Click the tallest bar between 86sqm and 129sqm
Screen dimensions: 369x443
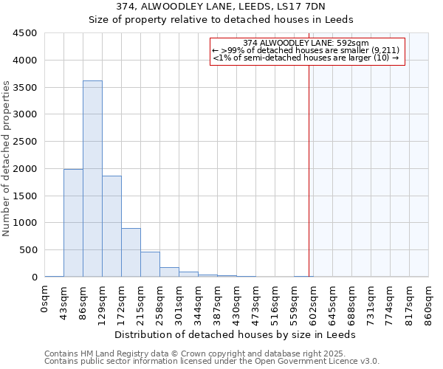coord(92,179)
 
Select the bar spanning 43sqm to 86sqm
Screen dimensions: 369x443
coord(73,223)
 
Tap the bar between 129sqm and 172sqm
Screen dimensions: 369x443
coord(111,226)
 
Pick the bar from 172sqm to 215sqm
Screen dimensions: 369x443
coord(131,252)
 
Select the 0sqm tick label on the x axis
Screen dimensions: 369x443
coord(45,302)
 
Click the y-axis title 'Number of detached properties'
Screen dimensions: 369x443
coord(7,159)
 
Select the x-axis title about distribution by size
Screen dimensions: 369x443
coord(236,334)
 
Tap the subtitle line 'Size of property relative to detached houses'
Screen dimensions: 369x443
coord(221,19)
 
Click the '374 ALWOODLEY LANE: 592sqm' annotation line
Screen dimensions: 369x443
coord(306,43)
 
